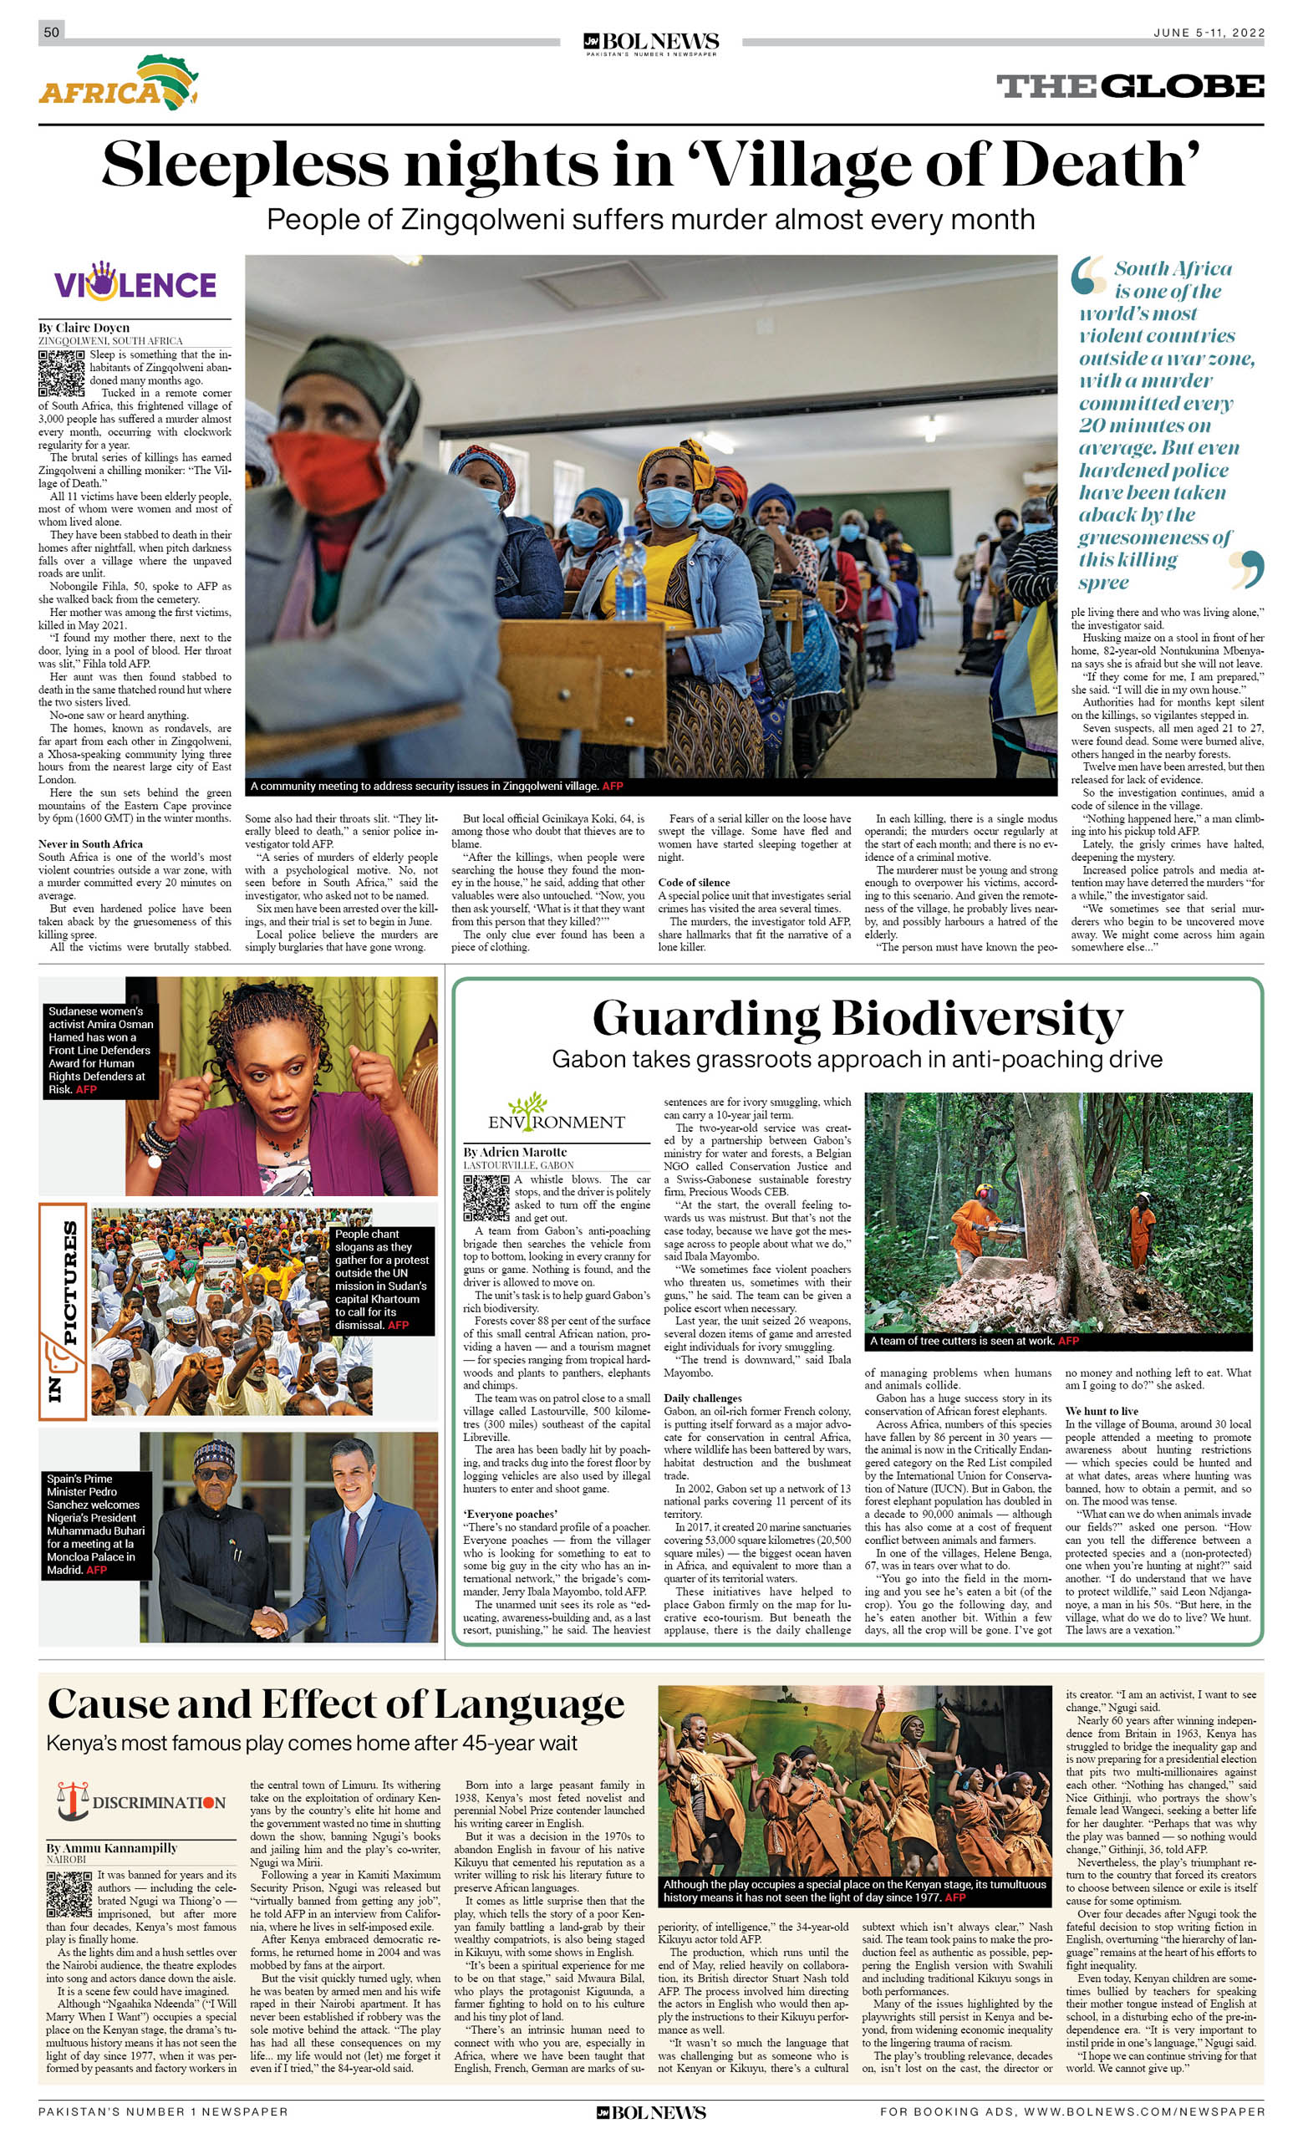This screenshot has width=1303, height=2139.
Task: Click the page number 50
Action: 52,32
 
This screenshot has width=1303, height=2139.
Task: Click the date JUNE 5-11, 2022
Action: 1208,33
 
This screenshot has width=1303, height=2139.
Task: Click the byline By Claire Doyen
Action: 84,328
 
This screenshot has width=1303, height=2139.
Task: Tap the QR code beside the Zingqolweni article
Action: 61,374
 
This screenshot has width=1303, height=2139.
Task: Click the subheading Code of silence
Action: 695,882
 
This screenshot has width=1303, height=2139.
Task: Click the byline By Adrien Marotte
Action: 515,1152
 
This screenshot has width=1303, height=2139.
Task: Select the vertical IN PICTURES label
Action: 62,1311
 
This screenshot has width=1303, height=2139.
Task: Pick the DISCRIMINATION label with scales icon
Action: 140,1803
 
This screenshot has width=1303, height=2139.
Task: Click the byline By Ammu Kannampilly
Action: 112,1847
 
